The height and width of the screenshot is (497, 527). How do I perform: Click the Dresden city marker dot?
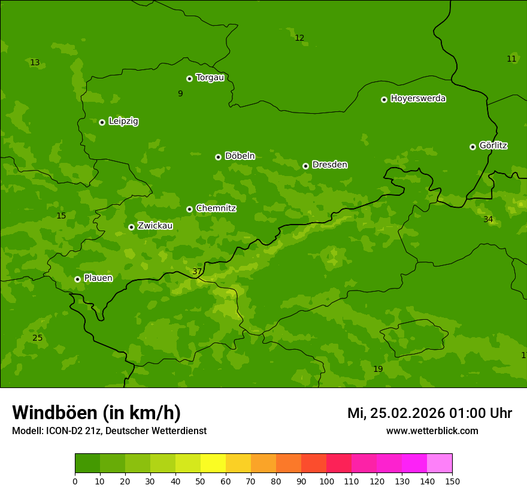point(305,166)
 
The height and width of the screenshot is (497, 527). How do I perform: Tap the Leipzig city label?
point(123,121)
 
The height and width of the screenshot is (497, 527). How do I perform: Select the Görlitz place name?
point(493,146)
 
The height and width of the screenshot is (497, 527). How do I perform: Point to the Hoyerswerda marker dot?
point(384,99)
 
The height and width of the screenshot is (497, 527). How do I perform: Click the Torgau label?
point(210,78)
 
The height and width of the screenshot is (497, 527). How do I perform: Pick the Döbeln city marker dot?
point(218,157)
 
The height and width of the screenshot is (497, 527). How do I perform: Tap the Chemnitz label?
point(216,208)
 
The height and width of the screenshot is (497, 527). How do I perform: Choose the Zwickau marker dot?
point(131,227)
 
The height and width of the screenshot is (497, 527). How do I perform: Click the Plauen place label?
point(98,278)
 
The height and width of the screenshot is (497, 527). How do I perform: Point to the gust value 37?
point(197,272)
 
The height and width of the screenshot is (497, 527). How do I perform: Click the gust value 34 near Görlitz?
point(488,220)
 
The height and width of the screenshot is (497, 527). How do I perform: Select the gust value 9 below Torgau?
point(180,93)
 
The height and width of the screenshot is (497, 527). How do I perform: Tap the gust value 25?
point(37,338)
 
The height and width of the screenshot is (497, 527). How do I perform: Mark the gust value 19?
point(378,369)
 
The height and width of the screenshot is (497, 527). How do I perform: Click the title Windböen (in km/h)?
point(96,413)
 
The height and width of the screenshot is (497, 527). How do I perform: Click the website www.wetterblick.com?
point(432,431)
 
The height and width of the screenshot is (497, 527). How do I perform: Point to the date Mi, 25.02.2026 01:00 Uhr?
point(429,413)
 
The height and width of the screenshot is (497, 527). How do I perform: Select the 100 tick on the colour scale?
point(326,481)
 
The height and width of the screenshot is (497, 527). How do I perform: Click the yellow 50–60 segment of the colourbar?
point(213,463)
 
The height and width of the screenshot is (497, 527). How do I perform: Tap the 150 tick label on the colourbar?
point(452,481)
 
